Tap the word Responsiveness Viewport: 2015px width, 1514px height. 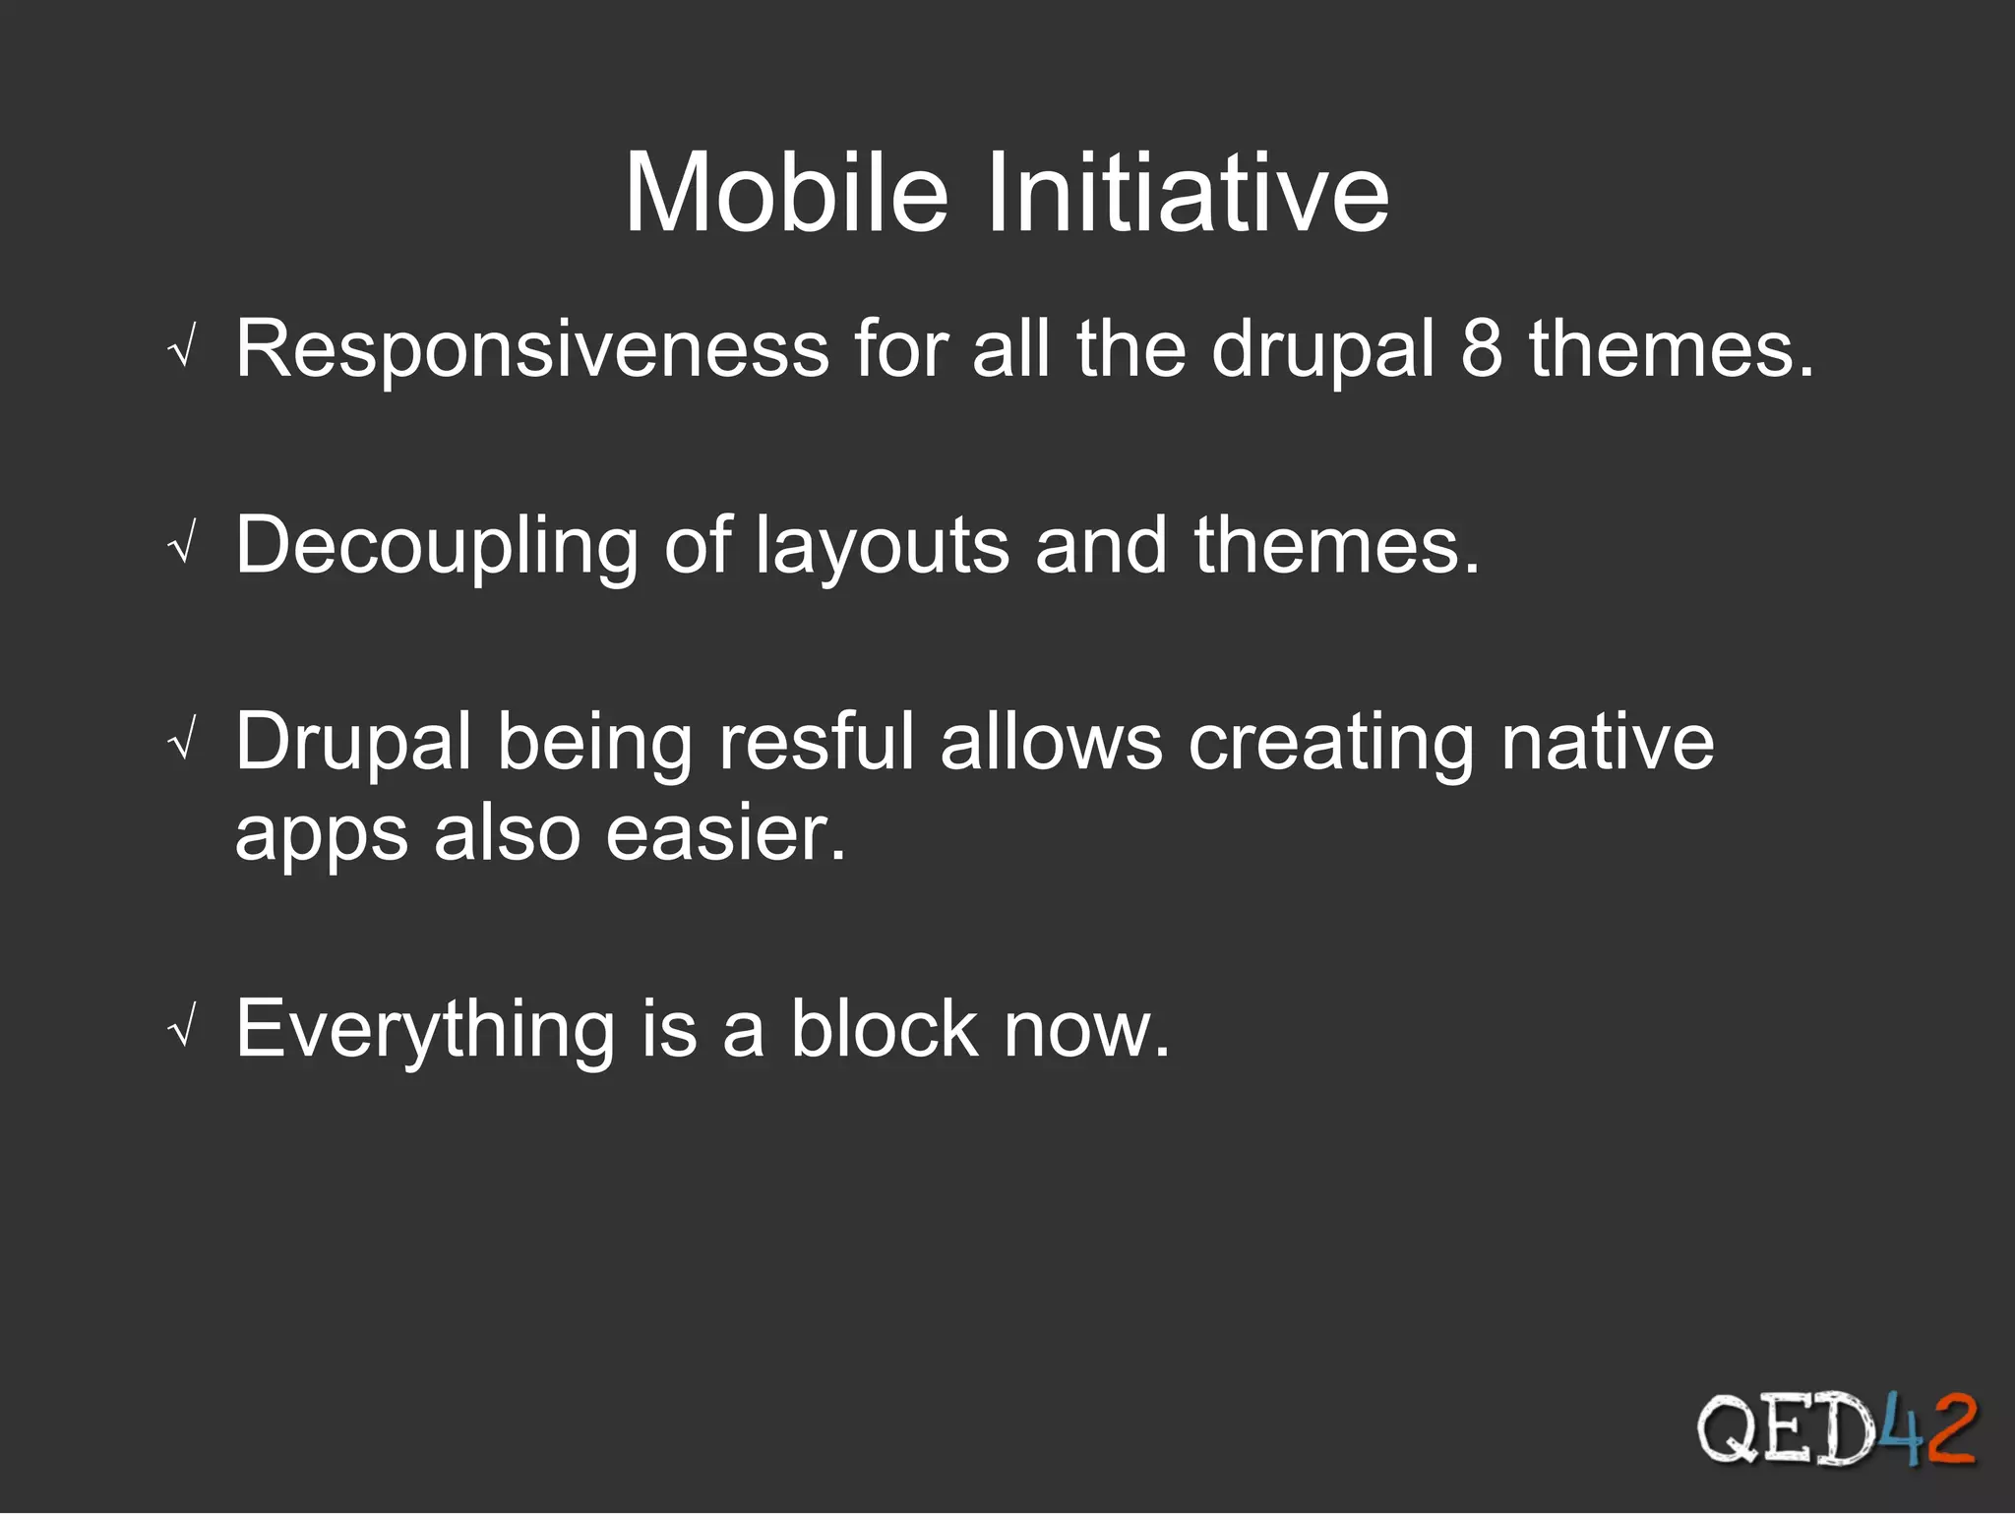coord(532,348)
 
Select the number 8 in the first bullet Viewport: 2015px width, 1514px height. coord(1481,348)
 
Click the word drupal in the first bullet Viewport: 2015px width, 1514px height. coord(1322,348)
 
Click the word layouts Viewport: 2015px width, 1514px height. coord(882,546)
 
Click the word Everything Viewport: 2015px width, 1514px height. coord(425,1030)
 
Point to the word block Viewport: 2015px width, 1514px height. coord(884,1029)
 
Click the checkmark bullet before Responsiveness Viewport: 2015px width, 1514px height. coord(182,350)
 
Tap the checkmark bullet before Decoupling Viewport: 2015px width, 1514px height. coord(182,547)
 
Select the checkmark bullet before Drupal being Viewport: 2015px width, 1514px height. coord(182,744)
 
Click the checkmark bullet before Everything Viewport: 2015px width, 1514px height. coord(182,1031)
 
